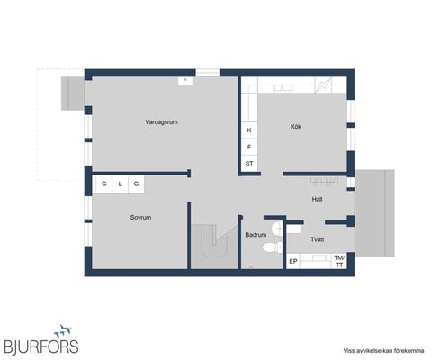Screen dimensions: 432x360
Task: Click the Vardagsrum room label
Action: click(x=161, y=122)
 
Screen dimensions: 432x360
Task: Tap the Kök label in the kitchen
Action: click(x=296, y=127)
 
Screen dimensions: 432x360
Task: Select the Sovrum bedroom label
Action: click(x=140, y=217)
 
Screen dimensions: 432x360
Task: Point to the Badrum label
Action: click(x=256, y=235)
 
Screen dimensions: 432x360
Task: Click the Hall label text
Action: click(x=317, y=199)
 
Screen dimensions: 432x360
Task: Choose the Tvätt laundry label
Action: click(x=318, y=239)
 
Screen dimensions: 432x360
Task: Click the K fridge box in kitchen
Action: click(x=249, y=130)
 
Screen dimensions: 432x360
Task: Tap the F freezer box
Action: click(x=249, y=147)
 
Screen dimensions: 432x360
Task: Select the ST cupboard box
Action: click(x=249, y=164)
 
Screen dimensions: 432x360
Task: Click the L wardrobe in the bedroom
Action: click(x=120, y=184)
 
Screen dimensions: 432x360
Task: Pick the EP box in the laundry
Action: click(x=293, y=261)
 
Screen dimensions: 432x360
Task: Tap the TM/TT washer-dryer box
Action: click(x=339, y=261)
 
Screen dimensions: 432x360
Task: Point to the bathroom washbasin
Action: click(x=277, y=229)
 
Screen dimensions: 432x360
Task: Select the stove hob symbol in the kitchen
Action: click(x=324, y=85)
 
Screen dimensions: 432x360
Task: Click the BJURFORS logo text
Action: click(x=41, y=346)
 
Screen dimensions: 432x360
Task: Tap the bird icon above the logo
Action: click(x=63, y=330)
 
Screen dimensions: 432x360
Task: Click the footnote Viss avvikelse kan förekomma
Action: click(x=383, y=351)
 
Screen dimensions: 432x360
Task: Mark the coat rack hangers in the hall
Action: click(x=325, y=181)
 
